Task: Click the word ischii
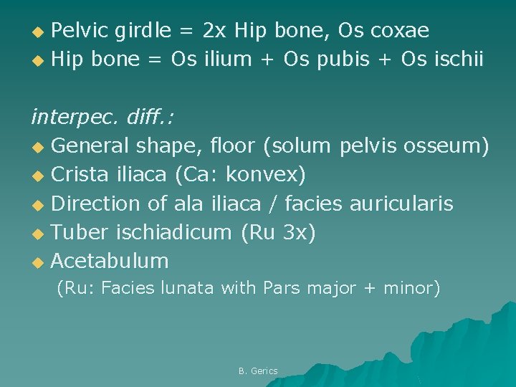tap(459, 59)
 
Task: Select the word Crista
tap(80, 174)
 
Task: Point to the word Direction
tap(96, 203)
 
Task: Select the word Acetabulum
tap(110, 260)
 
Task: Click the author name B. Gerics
tap(258, 371)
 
